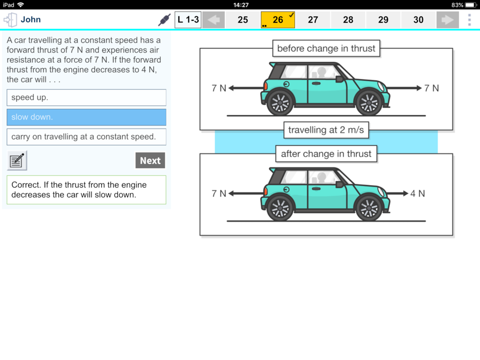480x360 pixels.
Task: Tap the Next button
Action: pos(150,160)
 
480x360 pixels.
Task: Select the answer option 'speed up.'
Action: pos(86,98)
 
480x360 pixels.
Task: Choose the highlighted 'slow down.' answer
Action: pos(86,117)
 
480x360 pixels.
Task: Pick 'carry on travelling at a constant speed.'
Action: pos(86,137)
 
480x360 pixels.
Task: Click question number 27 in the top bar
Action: pos(313,20)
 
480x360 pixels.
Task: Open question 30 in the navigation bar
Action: pos(418,20)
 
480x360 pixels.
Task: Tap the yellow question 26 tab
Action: pos(278,20)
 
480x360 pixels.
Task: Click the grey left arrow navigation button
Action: pos(214,20)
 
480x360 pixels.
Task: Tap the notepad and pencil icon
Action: pos(17,160)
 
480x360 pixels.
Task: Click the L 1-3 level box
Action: pos(188,20)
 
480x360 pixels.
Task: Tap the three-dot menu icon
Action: pos(469,20)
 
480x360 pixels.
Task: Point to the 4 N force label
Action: pos(417,193)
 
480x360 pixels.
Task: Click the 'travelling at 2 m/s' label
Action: pos(326,130)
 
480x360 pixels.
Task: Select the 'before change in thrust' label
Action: pos(326,49)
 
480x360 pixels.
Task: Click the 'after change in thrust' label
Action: pos(326,154)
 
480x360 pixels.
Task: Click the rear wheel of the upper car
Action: pos(280,102)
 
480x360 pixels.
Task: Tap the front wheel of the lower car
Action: pos(368,207)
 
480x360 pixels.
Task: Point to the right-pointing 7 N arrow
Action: pos(404,88)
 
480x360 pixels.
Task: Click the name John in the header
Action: pos(31,20)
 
